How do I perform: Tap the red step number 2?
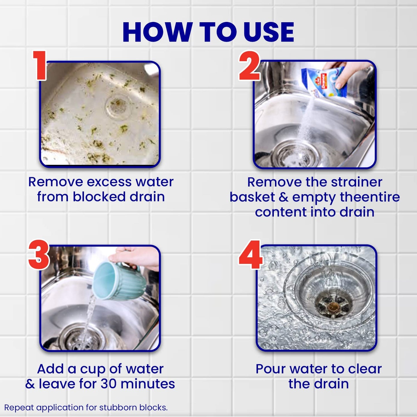pyautogui.click(x=249, y=66)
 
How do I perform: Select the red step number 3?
pyautogui.click(x=39, y=255)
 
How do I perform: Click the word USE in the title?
pyautogui.click(x=269, y=32)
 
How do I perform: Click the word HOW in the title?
pyautogui.click(x=158, y=32)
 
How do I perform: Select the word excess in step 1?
pyautogui.click(x=109, y=182)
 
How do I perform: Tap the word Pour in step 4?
pyautogui.click(x=270, y=369)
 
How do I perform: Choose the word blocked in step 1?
pyautogui.click(x=99, y=197)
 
